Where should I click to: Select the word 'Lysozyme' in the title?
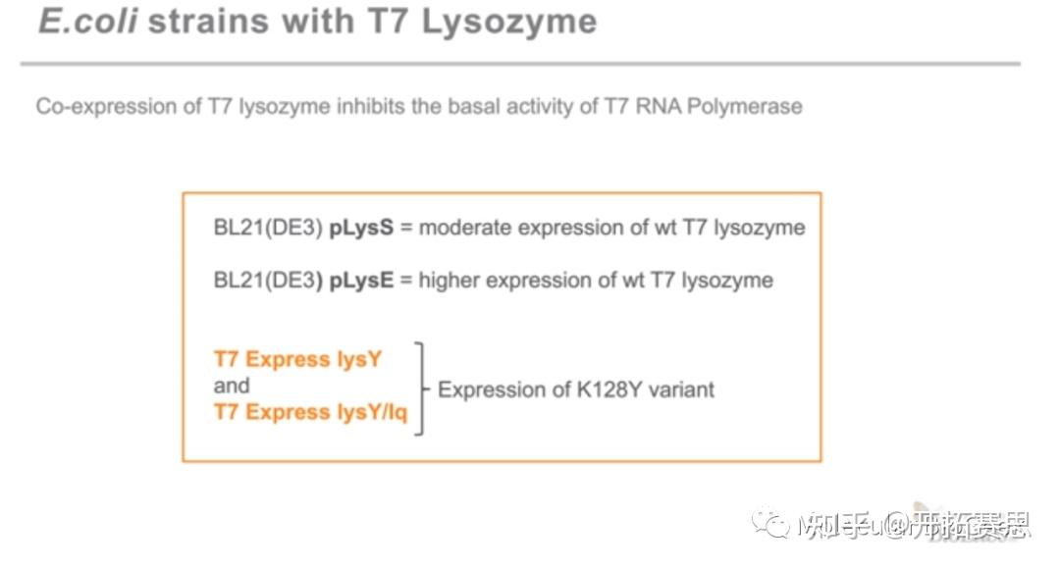tap(508, 21)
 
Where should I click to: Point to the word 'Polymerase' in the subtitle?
tap(744, 106)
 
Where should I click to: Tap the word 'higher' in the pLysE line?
tap(450, 281)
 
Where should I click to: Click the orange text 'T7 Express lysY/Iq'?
tap(310, 412)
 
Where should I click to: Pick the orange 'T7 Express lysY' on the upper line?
tap(297, 359)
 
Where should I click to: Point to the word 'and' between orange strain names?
tap(232, 386)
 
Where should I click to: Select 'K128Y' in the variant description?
tap(608, 389)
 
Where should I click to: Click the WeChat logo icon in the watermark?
tap(771, 526)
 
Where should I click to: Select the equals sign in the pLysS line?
tap(406, 229)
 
